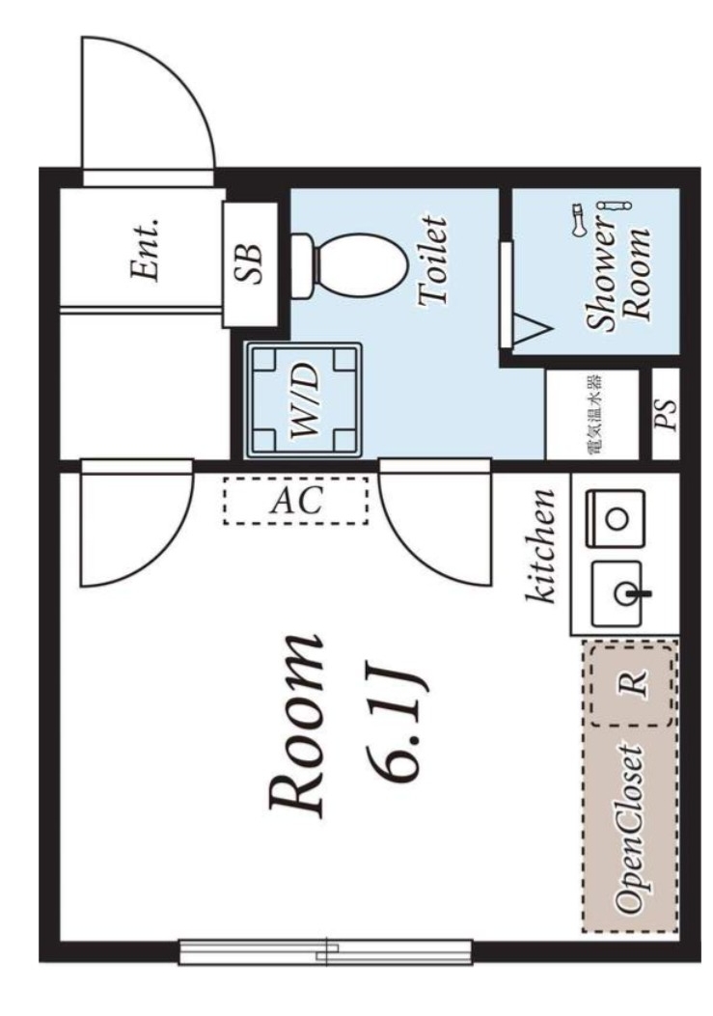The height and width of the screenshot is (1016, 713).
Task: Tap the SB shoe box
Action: (249, 263)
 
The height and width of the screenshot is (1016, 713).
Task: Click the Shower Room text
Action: (617, 275)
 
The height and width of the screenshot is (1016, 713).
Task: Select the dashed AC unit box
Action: (296, 500)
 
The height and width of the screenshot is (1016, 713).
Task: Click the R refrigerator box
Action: (632, 686)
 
